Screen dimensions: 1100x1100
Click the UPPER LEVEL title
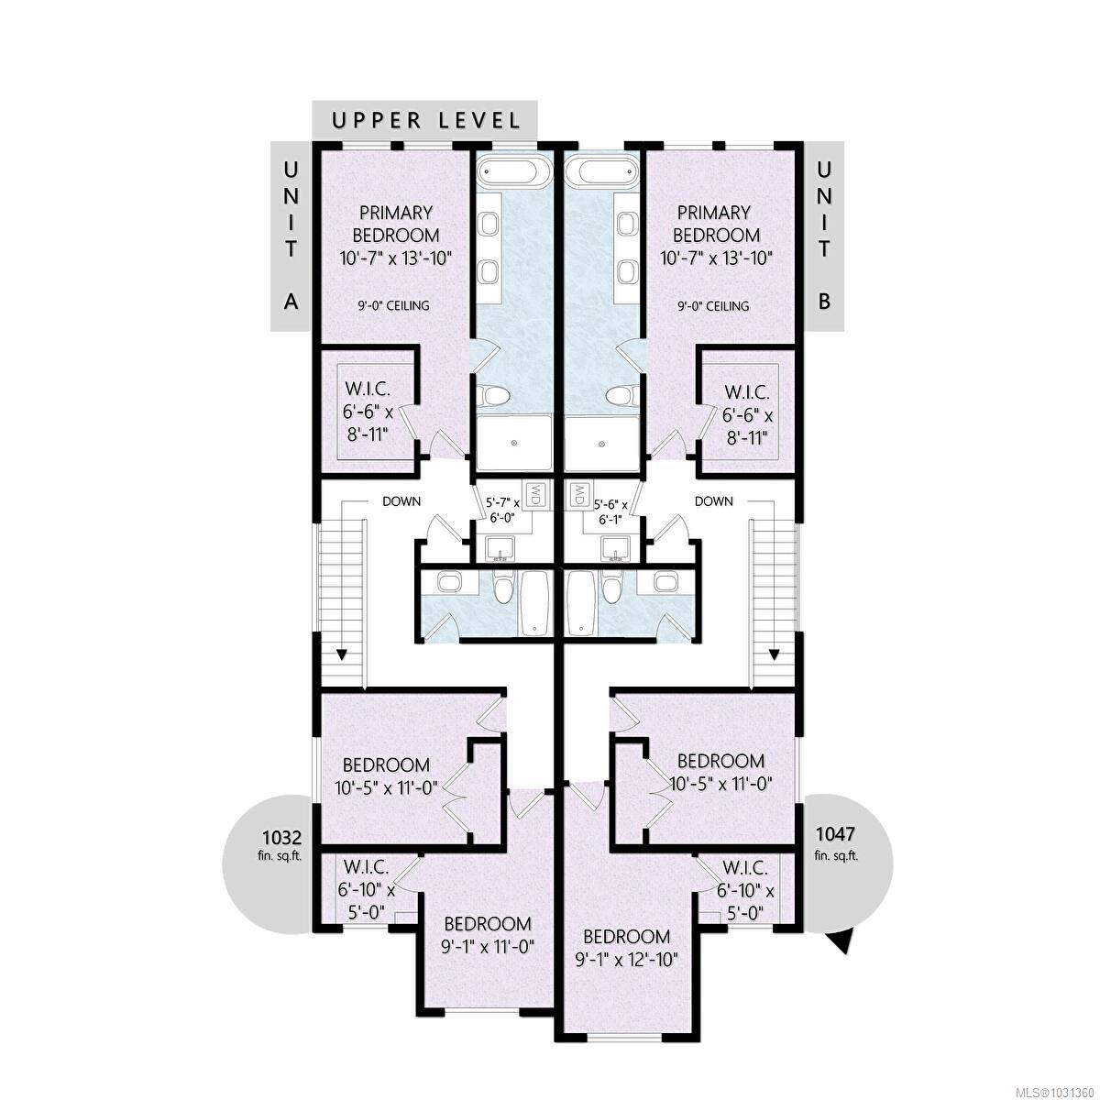click(426, 120)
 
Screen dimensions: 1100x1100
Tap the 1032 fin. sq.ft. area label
click(281, 844)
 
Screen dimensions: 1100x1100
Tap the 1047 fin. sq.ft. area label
click(834, 843)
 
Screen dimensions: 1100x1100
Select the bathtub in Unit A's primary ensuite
click(513, 172)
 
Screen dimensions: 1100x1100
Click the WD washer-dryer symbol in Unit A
click(536, 495)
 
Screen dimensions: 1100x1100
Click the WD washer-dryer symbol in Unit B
click(579, 495)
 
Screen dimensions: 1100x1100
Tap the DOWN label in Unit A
click(401, 501)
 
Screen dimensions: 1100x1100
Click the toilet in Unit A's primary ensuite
click(496, 397)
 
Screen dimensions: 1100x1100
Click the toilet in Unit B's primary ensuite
click(621, 397)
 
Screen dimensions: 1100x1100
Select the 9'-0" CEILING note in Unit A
click(393, 305)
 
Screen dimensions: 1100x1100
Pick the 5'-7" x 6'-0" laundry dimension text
click(502, 510)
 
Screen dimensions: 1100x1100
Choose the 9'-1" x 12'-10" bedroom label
click(628, 949)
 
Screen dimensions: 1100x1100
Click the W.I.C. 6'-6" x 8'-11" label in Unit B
click(742, 412)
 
